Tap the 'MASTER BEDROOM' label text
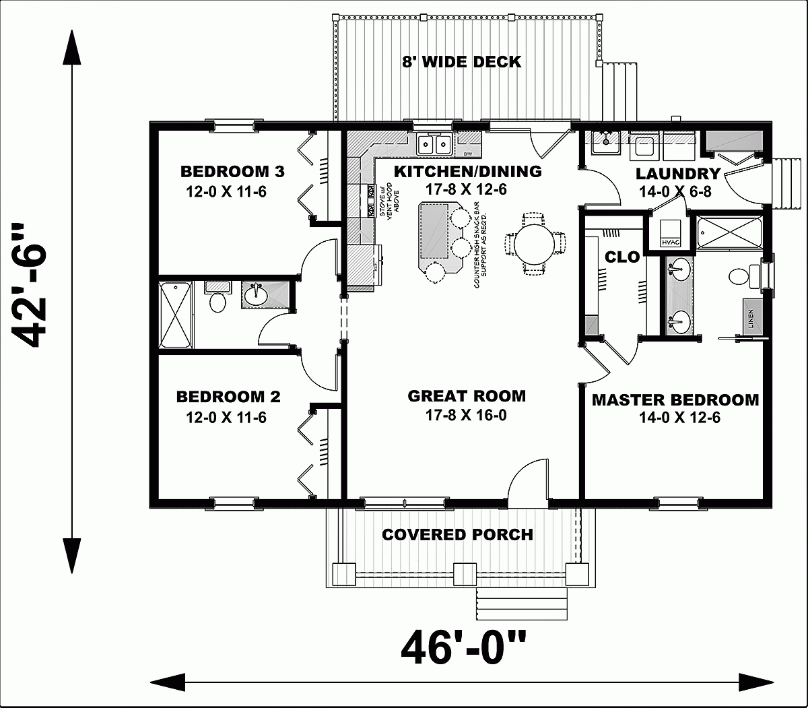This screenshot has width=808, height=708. pos(675,400)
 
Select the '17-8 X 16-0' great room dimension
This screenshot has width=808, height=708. pos(467,416)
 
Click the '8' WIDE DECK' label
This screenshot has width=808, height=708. pos(461,62)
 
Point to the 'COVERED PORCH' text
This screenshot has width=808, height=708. pos(457,535)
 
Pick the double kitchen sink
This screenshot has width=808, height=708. pos(434,143)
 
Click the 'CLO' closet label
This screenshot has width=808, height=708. pos(617,257)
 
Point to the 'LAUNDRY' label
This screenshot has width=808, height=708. pos(677,173)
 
